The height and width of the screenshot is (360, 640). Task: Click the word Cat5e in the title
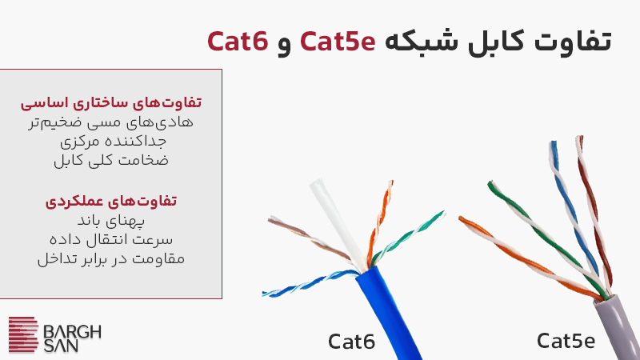click(337, 41)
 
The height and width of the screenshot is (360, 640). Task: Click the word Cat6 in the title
click(238, 41)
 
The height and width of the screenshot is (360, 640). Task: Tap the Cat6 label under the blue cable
click(351, 342)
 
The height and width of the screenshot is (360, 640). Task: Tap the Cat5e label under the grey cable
click(566, 342)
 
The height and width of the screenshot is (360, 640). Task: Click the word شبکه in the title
click(415, 41)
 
